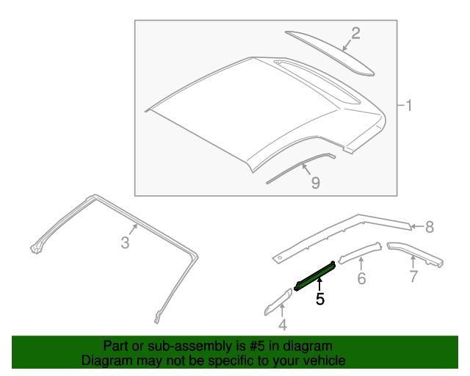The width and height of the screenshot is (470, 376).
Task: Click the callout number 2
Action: point(355,33)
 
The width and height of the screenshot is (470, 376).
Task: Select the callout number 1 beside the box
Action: point(408,106)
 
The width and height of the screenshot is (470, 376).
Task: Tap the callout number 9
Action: point(315,183)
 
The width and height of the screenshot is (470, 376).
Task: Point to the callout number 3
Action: point(126,242)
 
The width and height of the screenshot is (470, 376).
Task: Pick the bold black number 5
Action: point(320,299)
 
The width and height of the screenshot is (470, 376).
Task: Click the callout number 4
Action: point(283,325)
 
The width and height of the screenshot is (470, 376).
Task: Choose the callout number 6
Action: point(362,278)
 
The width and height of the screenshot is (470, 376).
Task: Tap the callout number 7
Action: point(413,276)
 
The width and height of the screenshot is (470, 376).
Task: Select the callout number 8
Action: point(430,227)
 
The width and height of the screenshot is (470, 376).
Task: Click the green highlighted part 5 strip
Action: point(315,276)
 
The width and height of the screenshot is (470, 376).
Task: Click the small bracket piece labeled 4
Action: point(278,302)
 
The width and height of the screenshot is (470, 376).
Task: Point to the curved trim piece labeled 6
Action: point(361,253)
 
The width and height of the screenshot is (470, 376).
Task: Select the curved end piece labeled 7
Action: point(415,253)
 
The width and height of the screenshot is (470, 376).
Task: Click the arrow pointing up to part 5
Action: point(320,285)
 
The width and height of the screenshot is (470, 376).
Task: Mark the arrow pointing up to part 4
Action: point(282,311)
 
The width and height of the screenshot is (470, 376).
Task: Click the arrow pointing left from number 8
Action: point(417,226)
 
